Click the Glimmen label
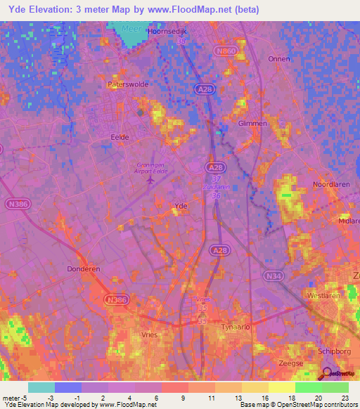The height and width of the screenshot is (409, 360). (x=253, y=123)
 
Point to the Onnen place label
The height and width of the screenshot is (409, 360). (x=279, y=59)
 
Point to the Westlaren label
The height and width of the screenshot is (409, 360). (x=324, y=296)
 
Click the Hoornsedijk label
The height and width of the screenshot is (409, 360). (x=167, y=32)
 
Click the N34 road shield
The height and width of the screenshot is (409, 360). (x=274, y=277)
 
